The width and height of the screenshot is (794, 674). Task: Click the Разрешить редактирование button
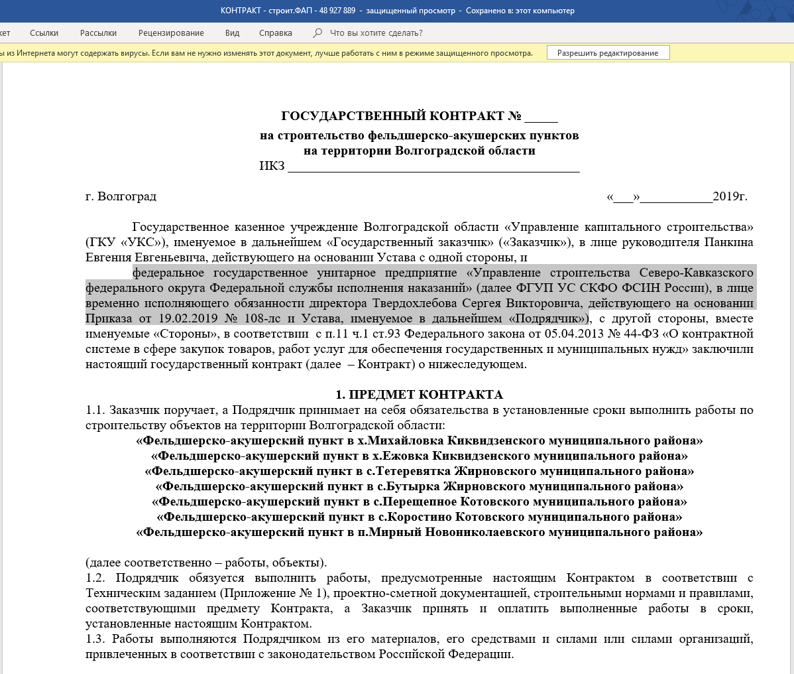pos(608,53)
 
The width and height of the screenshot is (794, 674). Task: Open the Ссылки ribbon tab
pos(44,33)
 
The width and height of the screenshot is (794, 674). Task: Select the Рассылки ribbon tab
pos(98,33)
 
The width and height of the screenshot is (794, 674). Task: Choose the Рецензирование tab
pos(171,33)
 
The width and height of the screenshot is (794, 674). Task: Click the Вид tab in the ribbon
pos(232,33)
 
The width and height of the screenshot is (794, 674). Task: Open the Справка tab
pos(276,33)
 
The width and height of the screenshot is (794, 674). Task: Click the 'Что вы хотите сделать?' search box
pos(376,33)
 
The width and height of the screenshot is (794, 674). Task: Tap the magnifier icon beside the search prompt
pos(317,33)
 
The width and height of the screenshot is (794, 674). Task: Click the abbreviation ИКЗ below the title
pos(272,166)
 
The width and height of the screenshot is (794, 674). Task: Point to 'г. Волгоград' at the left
pos(121,196)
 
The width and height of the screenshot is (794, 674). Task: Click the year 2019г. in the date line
pos(730,196)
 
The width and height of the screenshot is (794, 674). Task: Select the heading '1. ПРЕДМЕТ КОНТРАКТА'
pos(419,395)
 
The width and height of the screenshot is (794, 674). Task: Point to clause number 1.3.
pos(95,639)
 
